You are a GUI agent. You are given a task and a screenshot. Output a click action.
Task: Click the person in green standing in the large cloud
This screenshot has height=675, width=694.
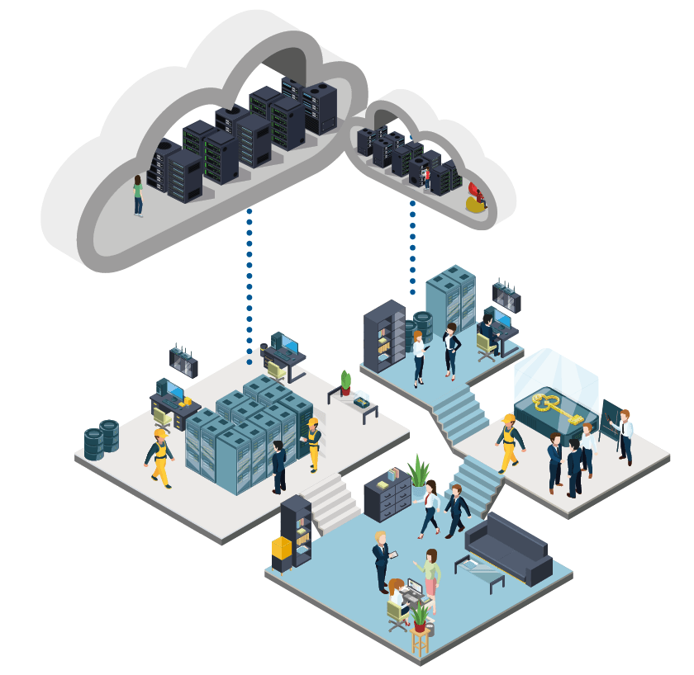point(138,195)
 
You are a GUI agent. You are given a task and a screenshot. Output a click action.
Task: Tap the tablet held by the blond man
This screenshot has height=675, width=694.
point(393,555)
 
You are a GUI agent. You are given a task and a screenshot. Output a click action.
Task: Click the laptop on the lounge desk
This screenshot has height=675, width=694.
point(413,588)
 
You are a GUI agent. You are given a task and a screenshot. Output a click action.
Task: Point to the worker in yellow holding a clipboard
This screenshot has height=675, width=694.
point(312,443)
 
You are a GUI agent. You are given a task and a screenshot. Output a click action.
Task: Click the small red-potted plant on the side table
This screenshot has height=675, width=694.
point(345,383)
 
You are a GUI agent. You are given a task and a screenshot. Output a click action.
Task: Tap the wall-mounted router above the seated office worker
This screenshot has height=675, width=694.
point(506,295)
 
